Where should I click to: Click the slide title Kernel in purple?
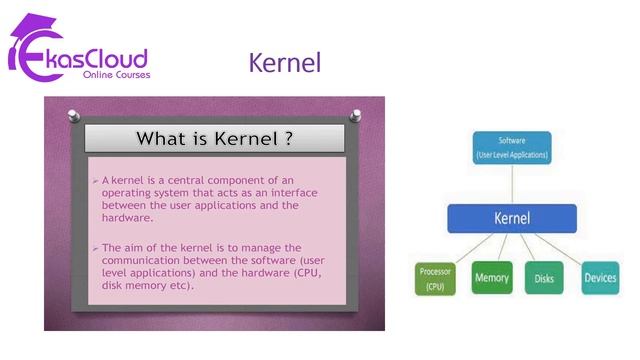pos(285,63)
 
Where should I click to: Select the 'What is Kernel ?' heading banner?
pos(214,138)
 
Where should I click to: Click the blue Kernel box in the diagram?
pos(511,218)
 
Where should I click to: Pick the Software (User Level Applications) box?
pos(511,147)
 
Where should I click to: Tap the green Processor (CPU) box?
pos(435,278)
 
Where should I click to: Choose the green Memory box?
pos(491,277)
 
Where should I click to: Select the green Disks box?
pos(545,277)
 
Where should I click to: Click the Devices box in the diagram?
pos(600,277)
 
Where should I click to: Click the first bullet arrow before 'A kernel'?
pos(95,180)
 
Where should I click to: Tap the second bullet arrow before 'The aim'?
pos(95,247)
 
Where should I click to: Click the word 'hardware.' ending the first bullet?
pos(128,217)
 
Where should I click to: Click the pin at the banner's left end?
pos(73,115)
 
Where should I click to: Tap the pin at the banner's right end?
pos(355,115)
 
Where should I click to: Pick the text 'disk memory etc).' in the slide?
pos(147,285)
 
